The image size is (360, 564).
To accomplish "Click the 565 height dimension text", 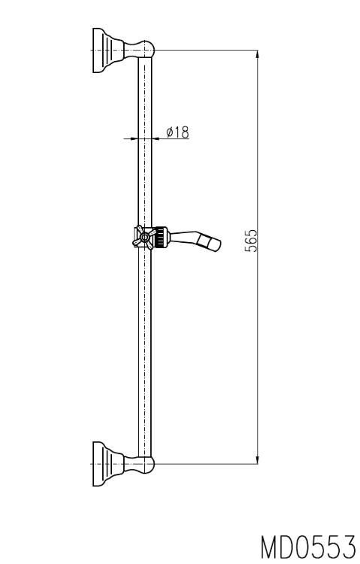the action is pyautogui.click(x=251, y=241).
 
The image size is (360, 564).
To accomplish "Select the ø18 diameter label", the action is pyautogui.click(x=177, y=132).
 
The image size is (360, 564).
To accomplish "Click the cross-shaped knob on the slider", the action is pyautogui.click(x=144, y=238).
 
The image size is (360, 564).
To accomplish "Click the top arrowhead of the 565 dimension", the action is pyautogui.click(x=257, y=54).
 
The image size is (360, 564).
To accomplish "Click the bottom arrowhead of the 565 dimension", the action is pyautogui.click(x=257, y=459).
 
